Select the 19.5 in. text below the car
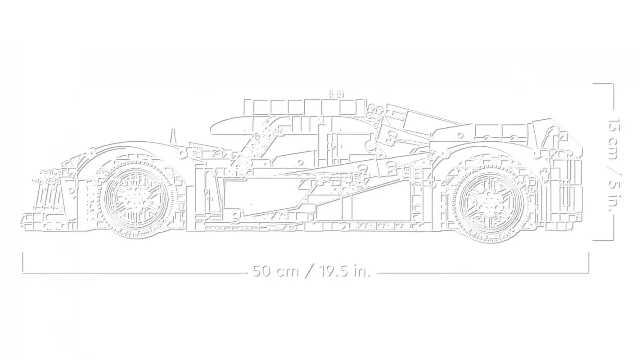344,271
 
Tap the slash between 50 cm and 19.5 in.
308,271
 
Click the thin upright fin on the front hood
173,136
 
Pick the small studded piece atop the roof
336,94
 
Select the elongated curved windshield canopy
231,126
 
